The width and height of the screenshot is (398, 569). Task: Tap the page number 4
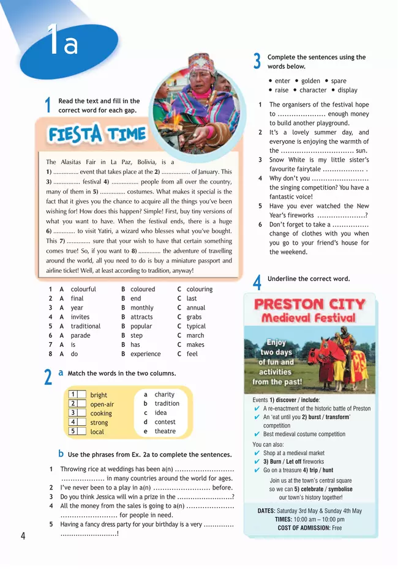point(23,537)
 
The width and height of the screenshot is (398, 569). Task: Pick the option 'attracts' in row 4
point(142,317)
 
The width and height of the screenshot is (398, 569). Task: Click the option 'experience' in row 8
point(146,354)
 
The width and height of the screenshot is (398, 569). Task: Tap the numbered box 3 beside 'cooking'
point(73,413)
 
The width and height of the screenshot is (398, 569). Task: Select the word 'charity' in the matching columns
point(165,395)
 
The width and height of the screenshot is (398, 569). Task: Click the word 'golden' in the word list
point(310,81)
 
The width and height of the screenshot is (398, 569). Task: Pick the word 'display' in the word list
point(347,90)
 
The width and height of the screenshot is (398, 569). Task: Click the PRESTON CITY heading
point(309,304)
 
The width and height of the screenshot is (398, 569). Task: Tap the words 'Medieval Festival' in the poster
point(309,318)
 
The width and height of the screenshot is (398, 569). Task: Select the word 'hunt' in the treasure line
point(328,470)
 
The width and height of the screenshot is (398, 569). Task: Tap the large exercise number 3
point(257,61)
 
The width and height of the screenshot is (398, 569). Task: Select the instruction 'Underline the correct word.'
point(309,279)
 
